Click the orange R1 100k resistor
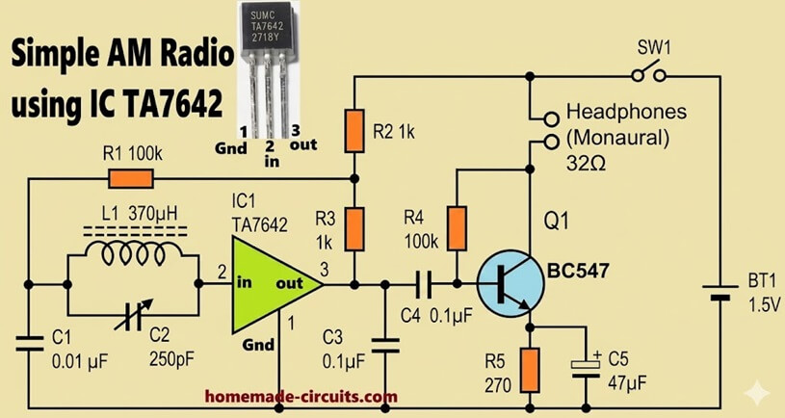tap(131, 178)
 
